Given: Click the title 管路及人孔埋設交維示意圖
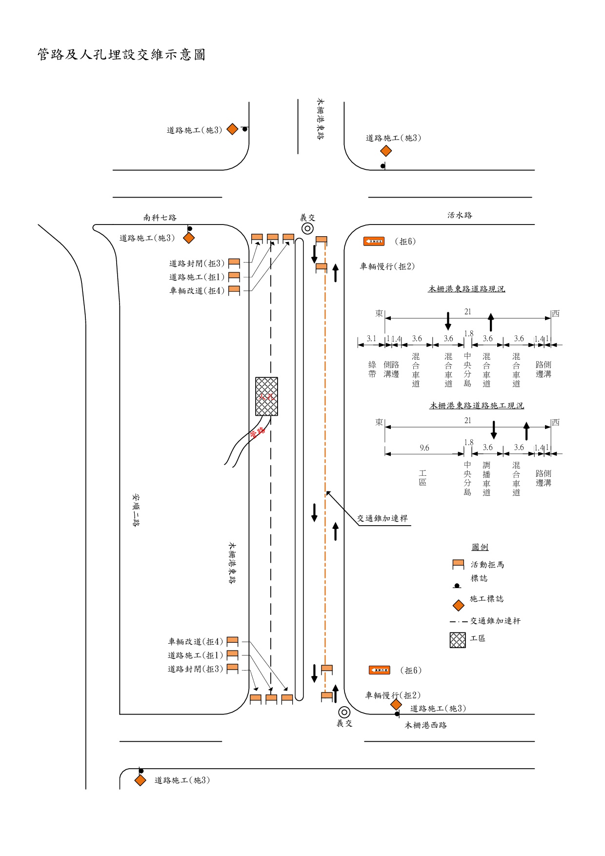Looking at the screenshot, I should [x=121, y=55].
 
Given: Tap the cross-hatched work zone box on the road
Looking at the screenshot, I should [x=266, y=396].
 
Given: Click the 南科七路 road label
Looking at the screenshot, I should [x=160, y=218].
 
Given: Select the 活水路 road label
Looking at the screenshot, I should [x=460, y=215].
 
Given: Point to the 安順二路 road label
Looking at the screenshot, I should [x=136, y=510].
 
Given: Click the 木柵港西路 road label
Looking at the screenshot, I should [x=425, y=725].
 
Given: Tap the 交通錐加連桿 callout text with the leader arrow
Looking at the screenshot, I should [x=382, y=518].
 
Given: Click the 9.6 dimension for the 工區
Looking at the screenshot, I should [x=424, y=448].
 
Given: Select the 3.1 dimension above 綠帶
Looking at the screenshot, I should [x=371, y=339].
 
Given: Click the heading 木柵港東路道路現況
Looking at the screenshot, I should [x=466, y=289].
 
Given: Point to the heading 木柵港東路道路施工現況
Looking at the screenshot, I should [x=476, y=406].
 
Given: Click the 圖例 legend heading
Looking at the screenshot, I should [x=480, y=547].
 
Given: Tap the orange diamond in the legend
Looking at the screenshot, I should [x=459, y=605].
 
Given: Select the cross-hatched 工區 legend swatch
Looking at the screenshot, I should [x=458, y=640].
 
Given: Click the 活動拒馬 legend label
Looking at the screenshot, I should [x=487, y=565].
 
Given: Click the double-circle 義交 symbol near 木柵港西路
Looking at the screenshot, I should [x=344, y=713].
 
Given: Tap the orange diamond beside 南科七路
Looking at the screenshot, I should [x=189, y=238].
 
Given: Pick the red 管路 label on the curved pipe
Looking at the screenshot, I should [x=257, y=432].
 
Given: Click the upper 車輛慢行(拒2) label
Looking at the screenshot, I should [x=387, y=266].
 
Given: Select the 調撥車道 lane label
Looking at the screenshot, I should [x=486, y=479].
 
